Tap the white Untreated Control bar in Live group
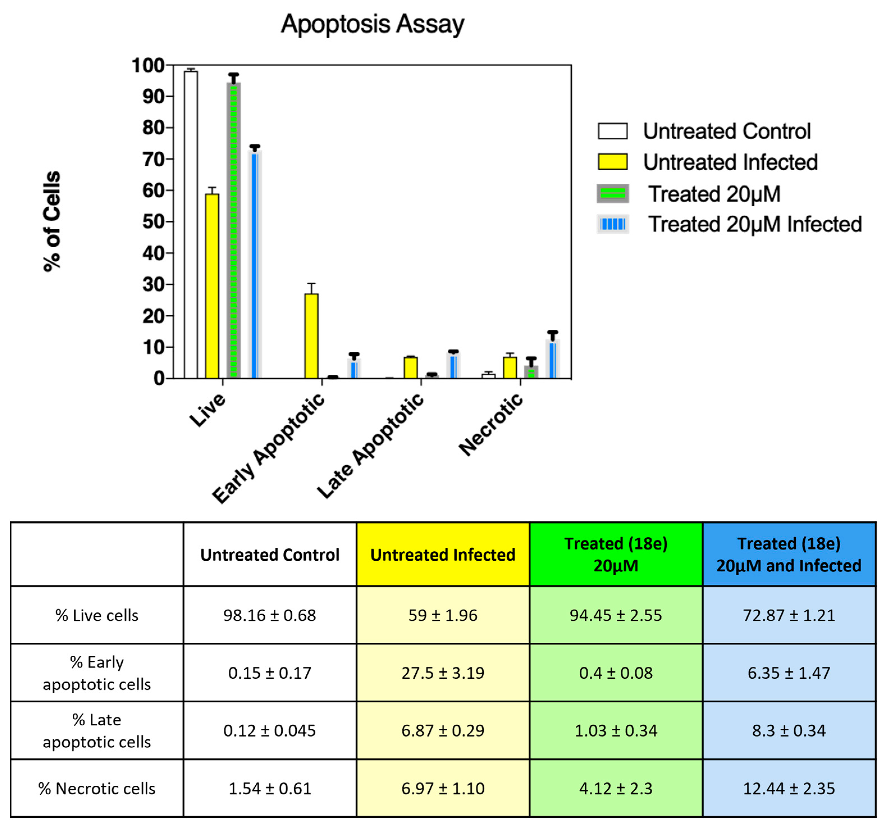[191, 223]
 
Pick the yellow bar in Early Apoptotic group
[312, 336]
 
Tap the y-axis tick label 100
[148, 65]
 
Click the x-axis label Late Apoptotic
[371, 446]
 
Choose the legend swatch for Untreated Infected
[612, 162]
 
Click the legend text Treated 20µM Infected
[754, 224]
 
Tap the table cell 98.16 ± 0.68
[270, 615]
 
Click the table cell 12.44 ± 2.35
[789, 789]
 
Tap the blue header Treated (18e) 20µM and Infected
[789, 555]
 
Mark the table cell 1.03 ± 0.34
[616, 731]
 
